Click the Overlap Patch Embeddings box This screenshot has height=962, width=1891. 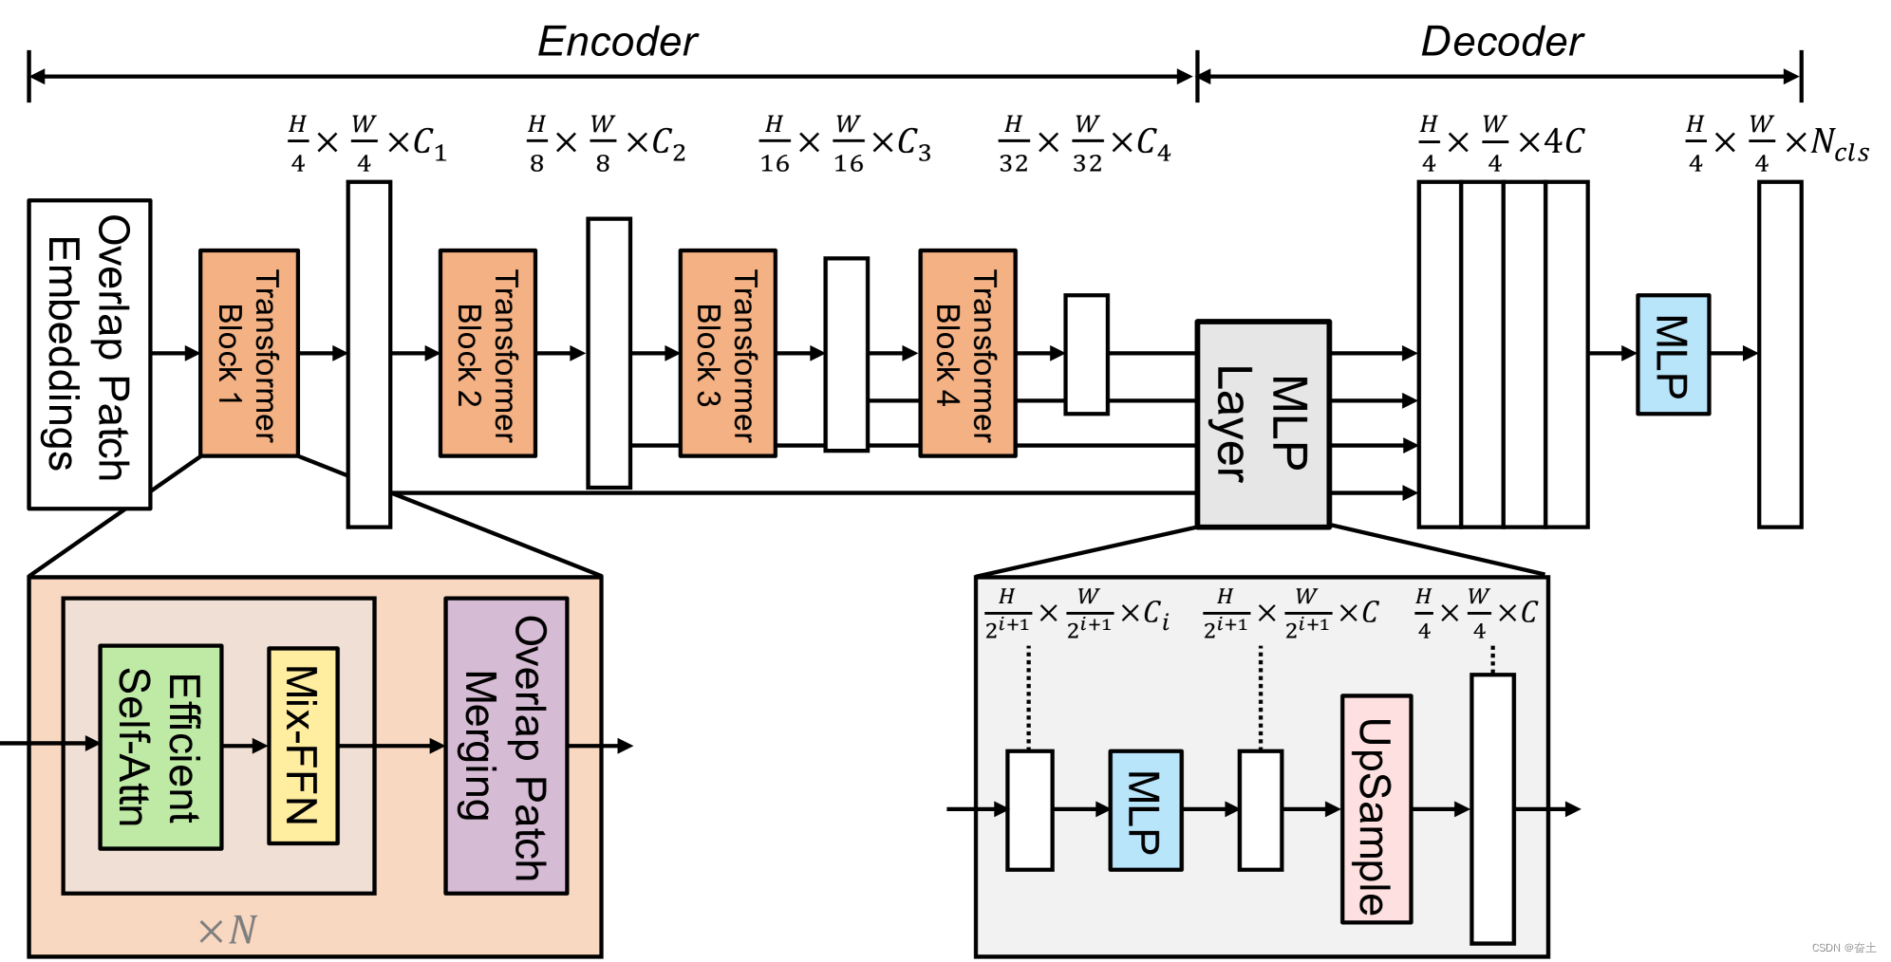coord(89,354)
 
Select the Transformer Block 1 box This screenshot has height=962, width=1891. coord(249,354)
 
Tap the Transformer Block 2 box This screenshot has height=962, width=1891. coord(488,354)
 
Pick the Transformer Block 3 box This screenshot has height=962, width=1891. coord(727,354)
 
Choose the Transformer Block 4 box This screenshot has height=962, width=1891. coord(967,354)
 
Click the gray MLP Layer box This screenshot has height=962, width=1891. coord(1263,424)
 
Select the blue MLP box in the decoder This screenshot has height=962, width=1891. coord(1673,355)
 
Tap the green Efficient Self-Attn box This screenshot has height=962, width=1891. coord(160,747)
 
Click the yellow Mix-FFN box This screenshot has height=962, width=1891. coord(303,746)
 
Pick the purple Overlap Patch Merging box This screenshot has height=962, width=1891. coord(506,746)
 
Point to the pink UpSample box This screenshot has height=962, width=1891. coord(1376,809)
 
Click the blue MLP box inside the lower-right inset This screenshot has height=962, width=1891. coord(1146,810)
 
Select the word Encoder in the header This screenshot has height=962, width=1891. coord(617,42)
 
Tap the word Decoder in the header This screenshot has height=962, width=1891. coord(1502,42)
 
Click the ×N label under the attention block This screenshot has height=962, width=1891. coord(228,930)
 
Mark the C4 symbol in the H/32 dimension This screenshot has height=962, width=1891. coord(1153,143)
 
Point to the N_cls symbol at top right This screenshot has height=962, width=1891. coord(1839,144)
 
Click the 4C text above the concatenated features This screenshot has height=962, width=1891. coord(1563,141)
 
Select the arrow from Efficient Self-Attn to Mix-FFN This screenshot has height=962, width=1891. coord(245,746)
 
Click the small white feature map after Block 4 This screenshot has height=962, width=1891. coord(1086,354)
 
